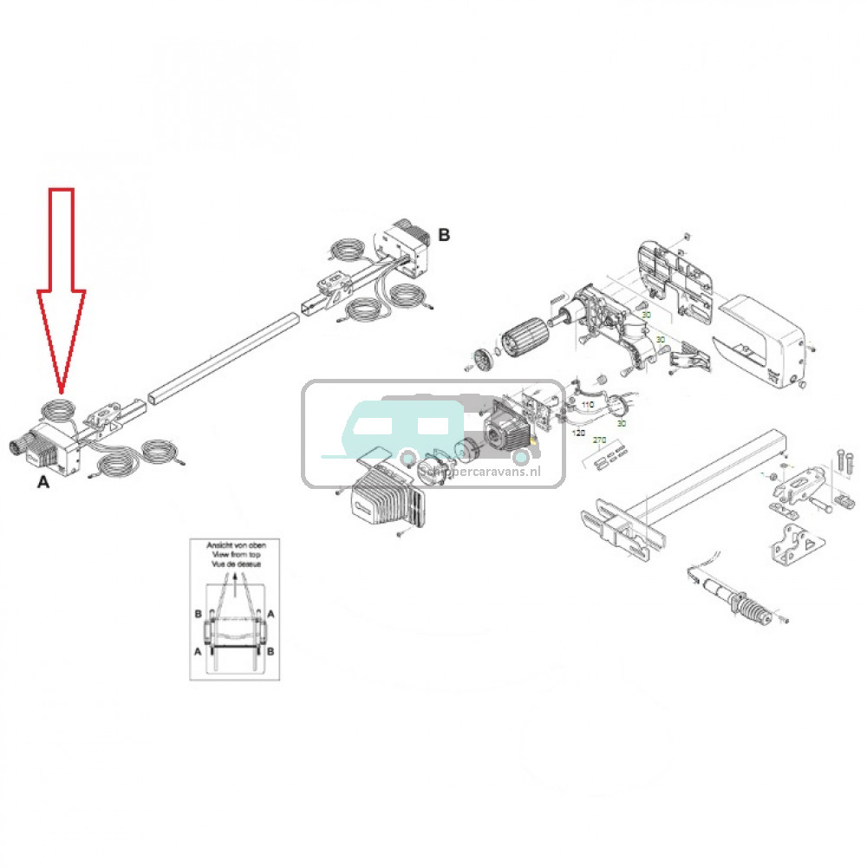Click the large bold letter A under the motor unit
tap(42, 482)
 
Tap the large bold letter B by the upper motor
tap(444, 234)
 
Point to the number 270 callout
tap(599, 440)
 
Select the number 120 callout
tap(579, 431)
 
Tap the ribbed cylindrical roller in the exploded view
tap(524, 333)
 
